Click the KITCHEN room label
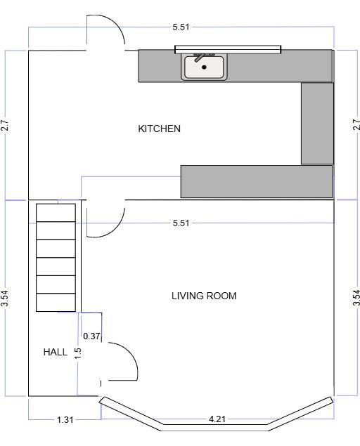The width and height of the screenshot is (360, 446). tap(159, 129)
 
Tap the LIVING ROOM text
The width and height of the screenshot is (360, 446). tap(204, 296)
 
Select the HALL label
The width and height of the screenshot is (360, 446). tap(56, 352)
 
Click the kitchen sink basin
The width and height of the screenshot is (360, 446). tap(204, 67)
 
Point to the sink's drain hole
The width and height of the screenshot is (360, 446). tap(204, 67)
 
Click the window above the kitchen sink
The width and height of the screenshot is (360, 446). tap(228, 48)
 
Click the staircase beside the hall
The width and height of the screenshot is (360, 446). tap(56, 257)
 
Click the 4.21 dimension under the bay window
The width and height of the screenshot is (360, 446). tap(217, 420)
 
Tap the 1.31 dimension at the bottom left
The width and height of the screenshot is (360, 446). tap(65, 420)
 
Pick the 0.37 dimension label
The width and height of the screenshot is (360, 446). tap(91, 336)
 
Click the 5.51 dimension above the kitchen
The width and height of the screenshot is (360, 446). tap(181, 27)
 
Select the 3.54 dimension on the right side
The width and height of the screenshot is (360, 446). tap(356, 298)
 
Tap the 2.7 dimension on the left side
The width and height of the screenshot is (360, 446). tap(5, 126)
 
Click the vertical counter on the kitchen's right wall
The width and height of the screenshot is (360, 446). tap(316, 124)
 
